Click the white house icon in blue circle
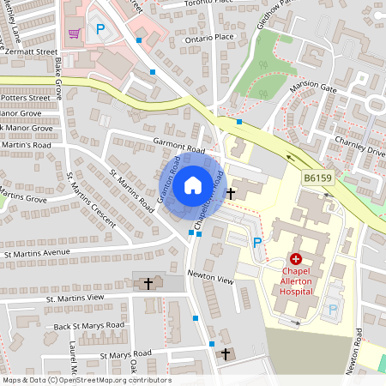[193, 184]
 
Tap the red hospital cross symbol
[296, 258]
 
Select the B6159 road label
[317, 178]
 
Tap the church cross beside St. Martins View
[148, 282]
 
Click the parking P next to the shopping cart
[100, 29]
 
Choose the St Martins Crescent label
[91, 200]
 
